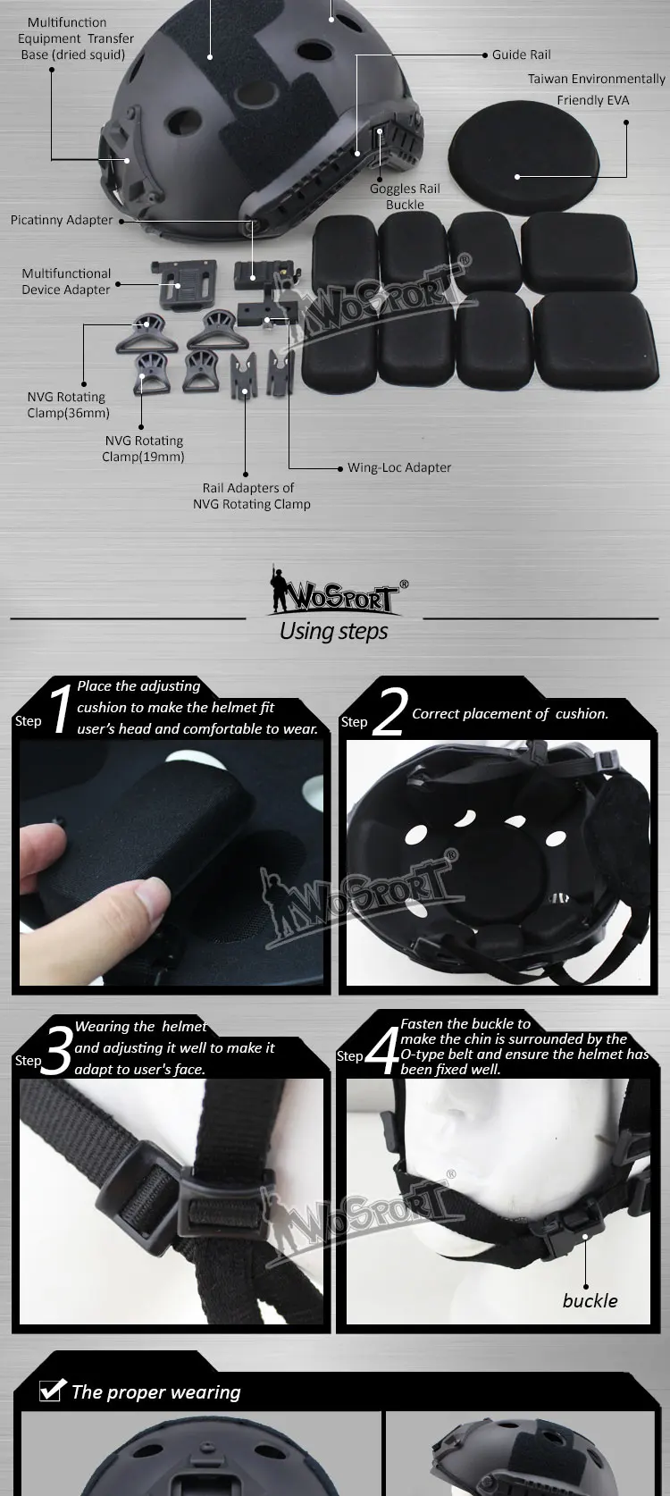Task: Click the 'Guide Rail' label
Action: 521,55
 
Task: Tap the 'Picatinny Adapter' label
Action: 62,220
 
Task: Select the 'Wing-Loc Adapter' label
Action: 398,467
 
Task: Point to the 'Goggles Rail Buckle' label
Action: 405,197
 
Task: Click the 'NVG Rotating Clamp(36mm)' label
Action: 67,405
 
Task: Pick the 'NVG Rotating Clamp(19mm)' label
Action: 143,449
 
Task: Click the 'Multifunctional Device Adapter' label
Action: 66,282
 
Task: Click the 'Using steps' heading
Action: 333,631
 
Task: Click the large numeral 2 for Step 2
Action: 389,712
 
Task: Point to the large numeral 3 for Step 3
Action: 56,1052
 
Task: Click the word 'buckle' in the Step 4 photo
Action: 590,1301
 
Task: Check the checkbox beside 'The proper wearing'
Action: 51,1391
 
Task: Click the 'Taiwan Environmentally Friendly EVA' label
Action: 595,89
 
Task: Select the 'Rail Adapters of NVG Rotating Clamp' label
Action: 251,496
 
